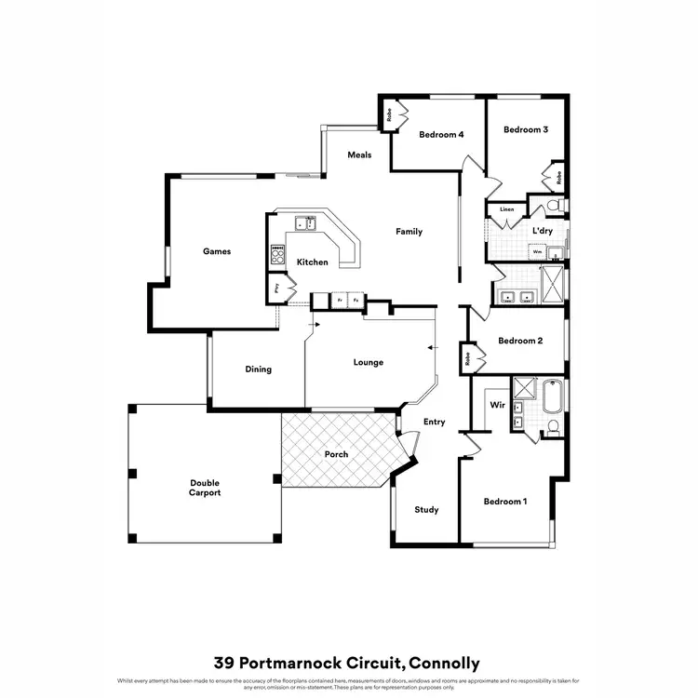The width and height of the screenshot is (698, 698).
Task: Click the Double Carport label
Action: click(205, 488)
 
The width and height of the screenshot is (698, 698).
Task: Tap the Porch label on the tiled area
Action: click(336, 454)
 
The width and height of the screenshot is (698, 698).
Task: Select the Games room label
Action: click(217, 251)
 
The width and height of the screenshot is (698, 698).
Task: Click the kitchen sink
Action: click(305, 223)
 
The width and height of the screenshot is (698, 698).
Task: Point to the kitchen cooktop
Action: click(276, 252)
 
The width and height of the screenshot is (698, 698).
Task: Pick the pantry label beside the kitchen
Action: click(277, 289)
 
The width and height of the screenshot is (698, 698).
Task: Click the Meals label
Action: click(359, 154)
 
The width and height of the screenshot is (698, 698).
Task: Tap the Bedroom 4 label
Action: click(441, 135)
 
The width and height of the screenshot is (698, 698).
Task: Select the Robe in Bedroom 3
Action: click(558, 175)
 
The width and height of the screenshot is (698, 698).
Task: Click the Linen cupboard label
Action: click(507, 210)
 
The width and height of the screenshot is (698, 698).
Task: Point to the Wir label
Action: click(498, 406)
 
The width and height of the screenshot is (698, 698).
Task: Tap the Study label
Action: click(426, 510)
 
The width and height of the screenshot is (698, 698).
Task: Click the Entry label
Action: click(435, 422)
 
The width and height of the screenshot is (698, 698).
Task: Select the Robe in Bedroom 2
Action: click(466, 356)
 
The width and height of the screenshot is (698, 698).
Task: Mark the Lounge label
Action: click(369, 362)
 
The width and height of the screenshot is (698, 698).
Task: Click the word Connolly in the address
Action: click(443, 664)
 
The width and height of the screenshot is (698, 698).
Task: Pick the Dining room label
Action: click(259, 369)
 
